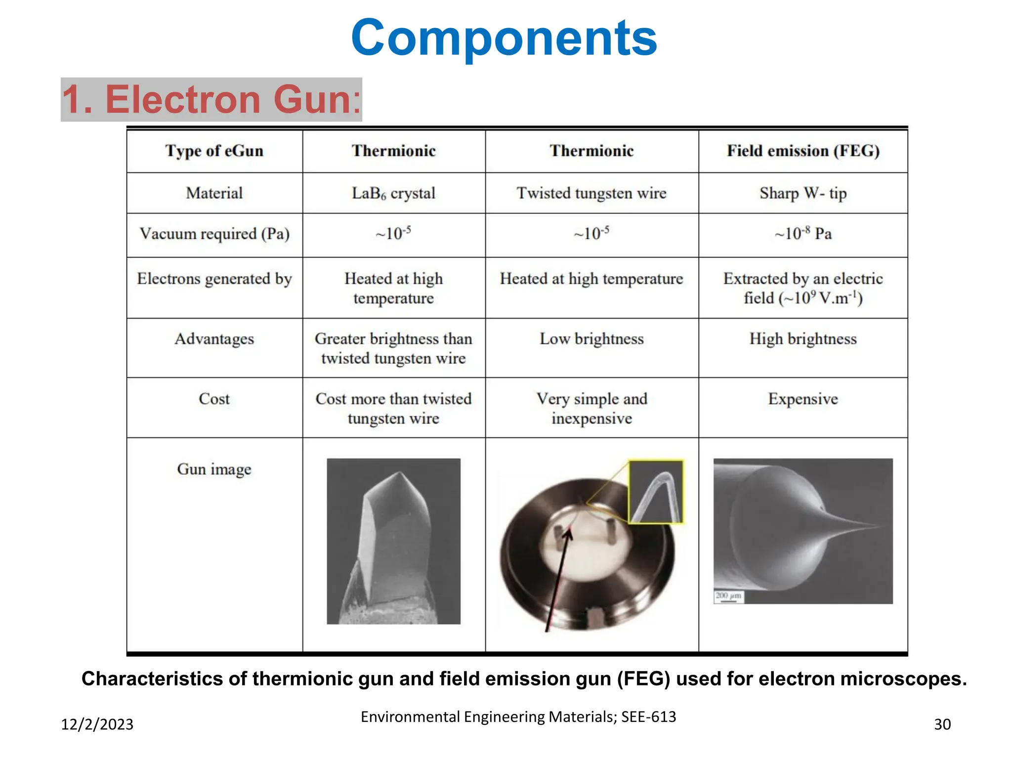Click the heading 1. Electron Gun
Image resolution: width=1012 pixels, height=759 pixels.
point(211,99)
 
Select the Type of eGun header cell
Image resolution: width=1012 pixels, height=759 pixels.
point(214,151)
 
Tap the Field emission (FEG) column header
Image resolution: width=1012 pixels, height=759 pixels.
point(803,151)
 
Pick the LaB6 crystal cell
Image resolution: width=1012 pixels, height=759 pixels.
point(393,193)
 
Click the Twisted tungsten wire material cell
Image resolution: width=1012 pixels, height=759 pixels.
point(591,193)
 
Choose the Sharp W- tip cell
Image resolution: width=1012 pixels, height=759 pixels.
point(803,193)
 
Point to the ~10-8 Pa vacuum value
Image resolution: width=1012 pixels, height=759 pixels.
point(803,233)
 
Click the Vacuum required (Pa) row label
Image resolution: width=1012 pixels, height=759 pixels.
point(214,234)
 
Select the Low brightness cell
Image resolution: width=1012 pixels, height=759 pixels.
point(591,339)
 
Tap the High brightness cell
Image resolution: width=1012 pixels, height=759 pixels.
point(803,339)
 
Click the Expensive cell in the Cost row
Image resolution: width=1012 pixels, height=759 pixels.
point(803,399)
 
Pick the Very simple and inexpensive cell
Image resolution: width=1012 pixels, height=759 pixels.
point(591,408)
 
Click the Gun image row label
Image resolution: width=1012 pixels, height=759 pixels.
point(214,469)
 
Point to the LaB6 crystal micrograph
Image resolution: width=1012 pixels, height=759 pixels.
point(393,541)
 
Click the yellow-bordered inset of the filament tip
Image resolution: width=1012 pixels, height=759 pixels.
point(656,492)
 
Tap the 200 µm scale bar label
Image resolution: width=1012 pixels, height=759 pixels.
point(728,596)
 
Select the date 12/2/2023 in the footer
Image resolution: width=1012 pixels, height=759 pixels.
point(97,724)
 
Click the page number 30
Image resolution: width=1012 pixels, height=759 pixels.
point(942,724)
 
